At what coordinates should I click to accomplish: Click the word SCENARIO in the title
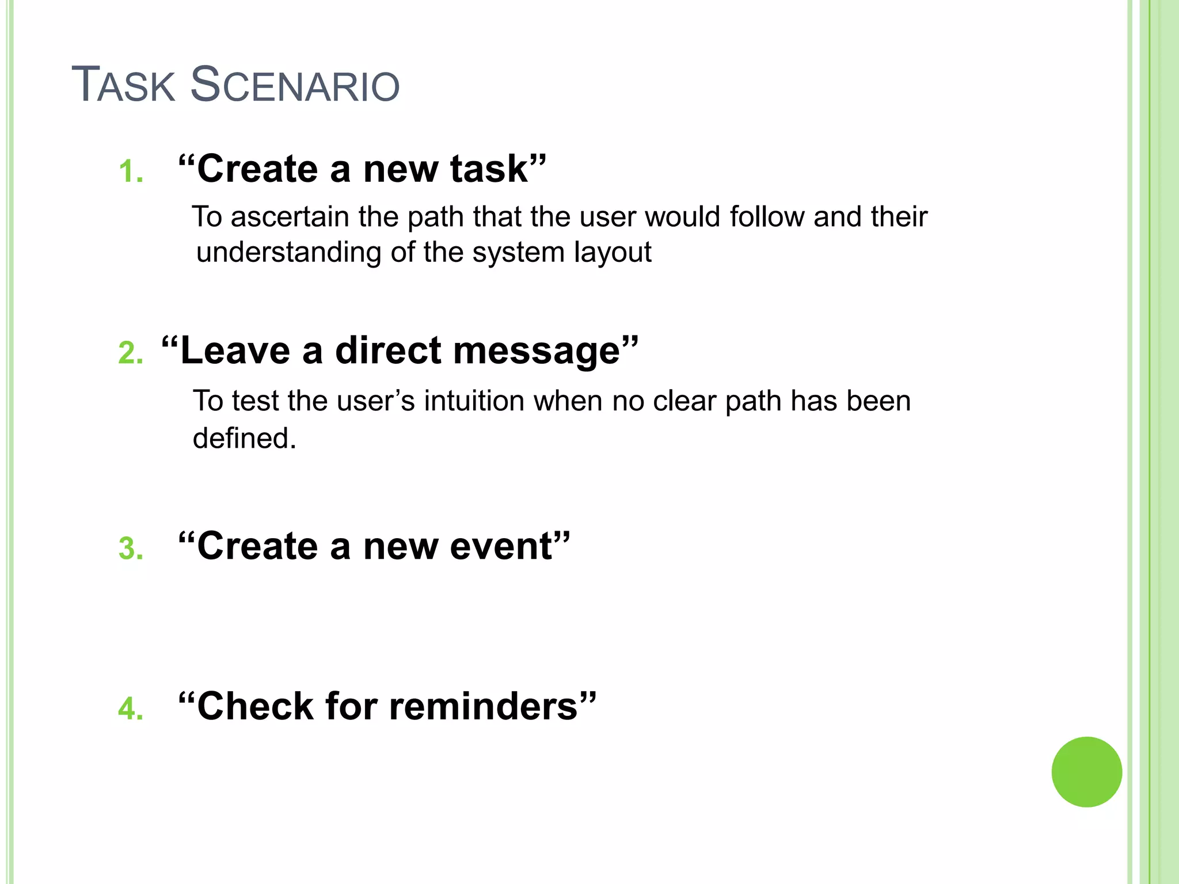point(295,85)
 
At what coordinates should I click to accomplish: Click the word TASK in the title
point(123,85)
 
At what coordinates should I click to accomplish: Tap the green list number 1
point(130,172)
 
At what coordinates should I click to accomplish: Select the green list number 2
point(130,353)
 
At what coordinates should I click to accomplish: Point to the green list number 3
point(131,548)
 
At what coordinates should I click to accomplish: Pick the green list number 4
point(130,708)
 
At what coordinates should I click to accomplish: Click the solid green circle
point(1086,772)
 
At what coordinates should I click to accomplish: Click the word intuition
point(474,401)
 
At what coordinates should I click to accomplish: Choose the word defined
point(244,439)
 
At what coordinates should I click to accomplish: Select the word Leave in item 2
point(235,351)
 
